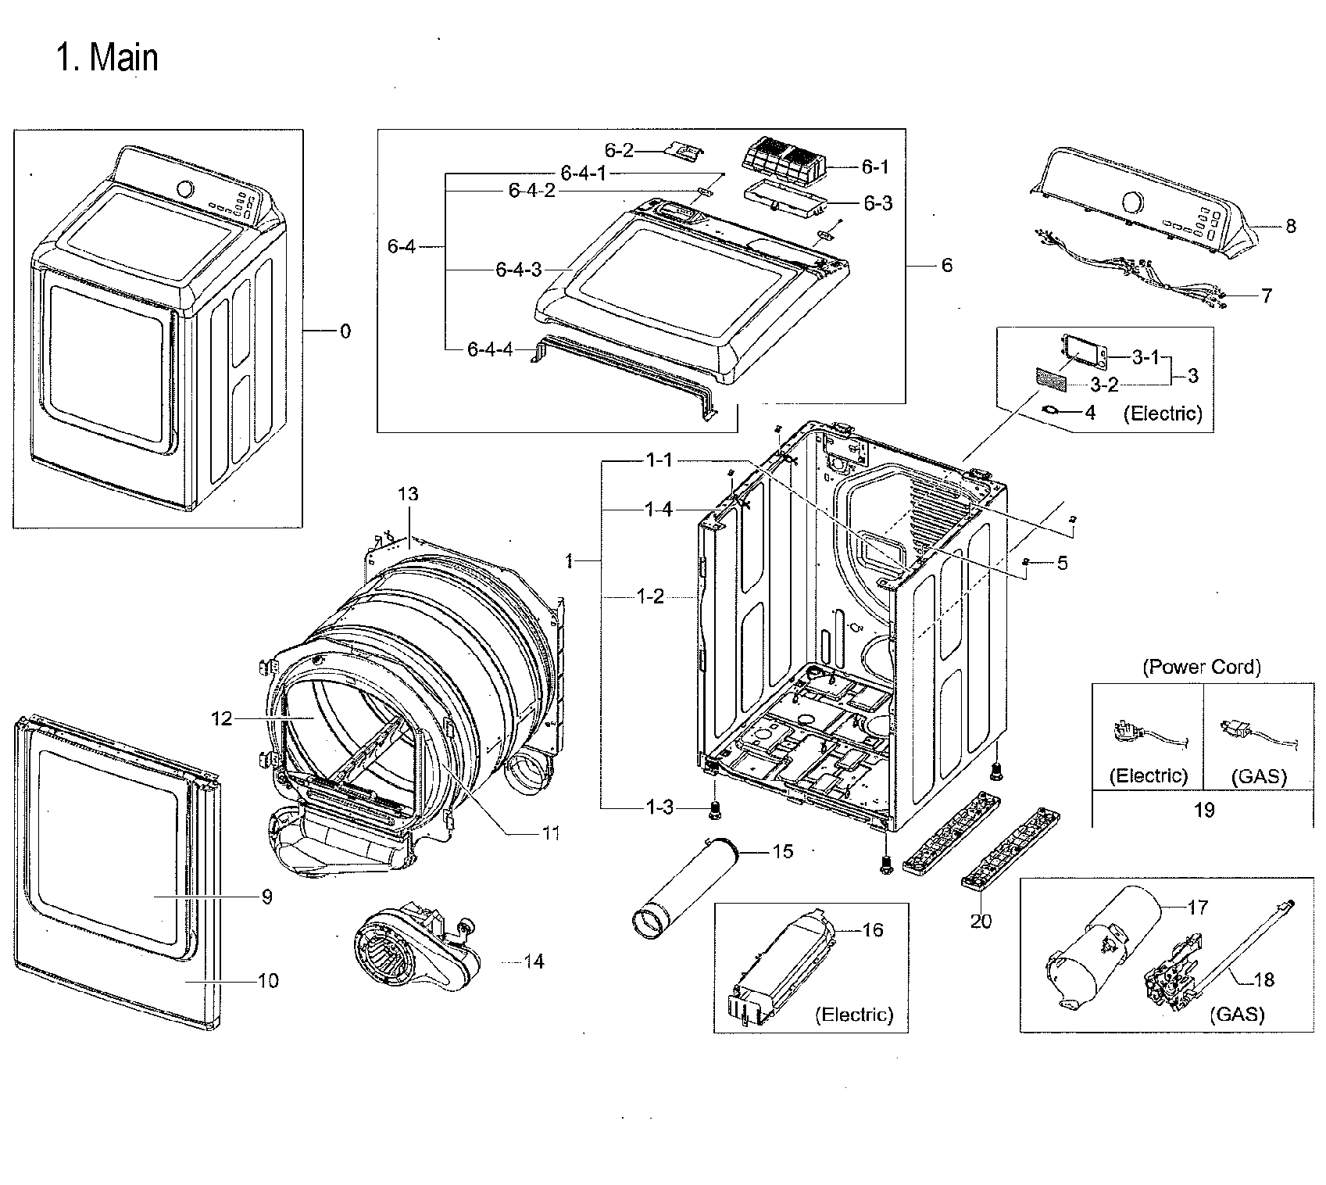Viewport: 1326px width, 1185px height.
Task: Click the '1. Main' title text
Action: tap(107, 58)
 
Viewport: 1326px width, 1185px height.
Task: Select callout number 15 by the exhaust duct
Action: tap(782, 851)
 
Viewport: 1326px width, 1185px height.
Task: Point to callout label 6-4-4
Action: tap(490, 349)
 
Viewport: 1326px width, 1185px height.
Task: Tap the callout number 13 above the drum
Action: tap(408, 494)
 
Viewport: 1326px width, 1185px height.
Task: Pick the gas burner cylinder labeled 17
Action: tap(1102, 950)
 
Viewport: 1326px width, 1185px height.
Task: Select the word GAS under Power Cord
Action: tap(1258, 776)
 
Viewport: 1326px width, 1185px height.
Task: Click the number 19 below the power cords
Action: tap(1203, 810)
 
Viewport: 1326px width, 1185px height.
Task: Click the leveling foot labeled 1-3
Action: tap(713, 811)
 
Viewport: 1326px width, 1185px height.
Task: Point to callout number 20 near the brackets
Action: tap(981, 922)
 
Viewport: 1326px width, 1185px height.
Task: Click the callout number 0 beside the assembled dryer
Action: tap(345, 331)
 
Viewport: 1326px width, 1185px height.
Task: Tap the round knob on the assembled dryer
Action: tap(186, 190)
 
